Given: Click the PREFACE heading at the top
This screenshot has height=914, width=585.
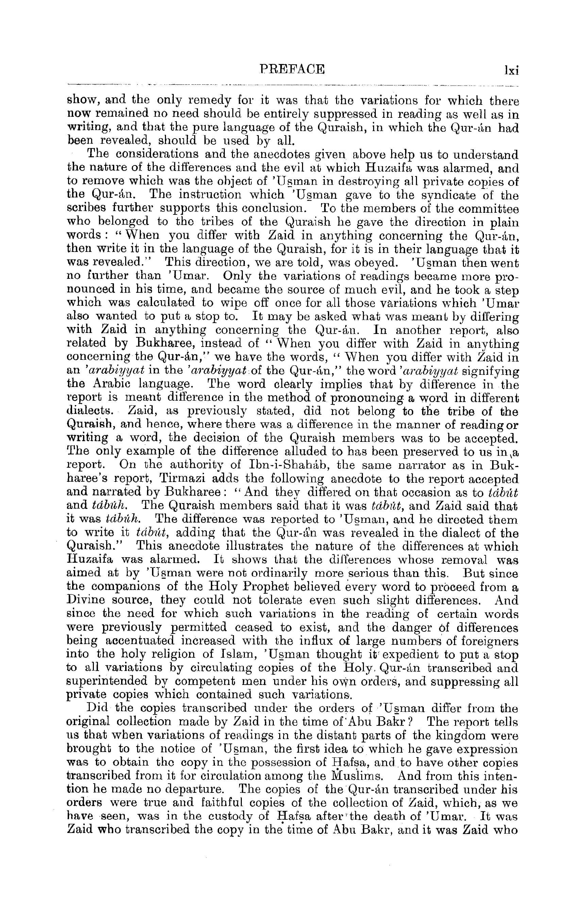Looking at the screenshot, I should pos(292,69).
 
